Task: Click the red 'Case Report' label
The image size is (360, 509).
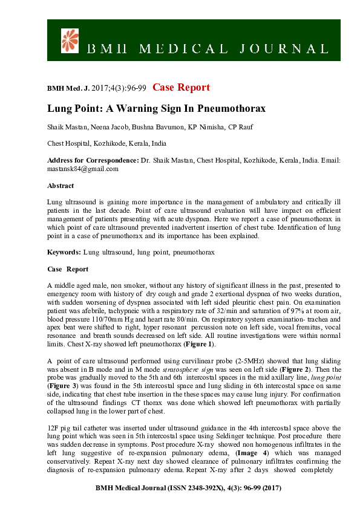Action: click(181, 88)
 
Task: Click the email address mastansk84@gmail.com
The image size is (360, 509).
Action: click(82, 169)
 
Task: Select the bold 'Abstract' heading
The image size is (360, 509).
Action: click(61, 186)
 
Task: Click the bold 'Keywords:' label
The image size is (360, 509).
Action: click(64, 250)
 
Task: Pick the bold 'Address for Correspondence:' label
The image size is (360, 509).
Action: click(93, 160)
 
